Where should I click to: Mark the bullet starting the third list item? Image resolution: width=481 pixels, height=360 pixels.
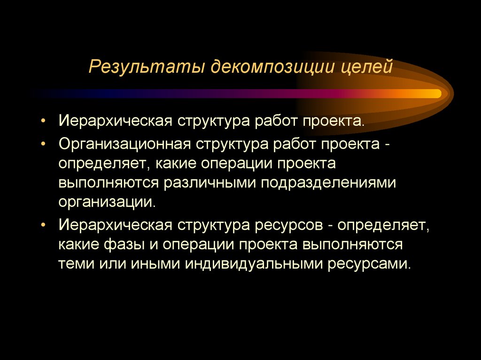point(43,226)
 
